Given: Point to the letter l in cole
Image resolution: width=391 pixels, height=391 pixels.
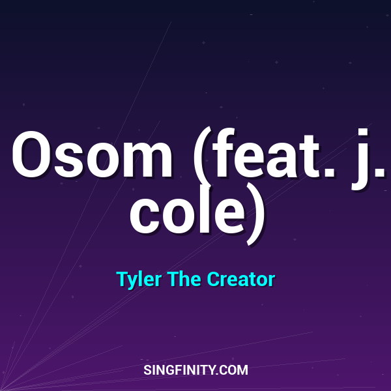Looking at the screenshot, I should pos(208,209).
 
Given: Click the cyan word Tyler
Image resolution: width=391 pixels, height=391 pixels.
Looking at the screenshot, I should pos(139,280).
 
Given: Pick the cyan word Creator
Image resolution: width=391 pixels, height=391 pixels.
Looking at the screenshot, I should pos(241,280).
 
